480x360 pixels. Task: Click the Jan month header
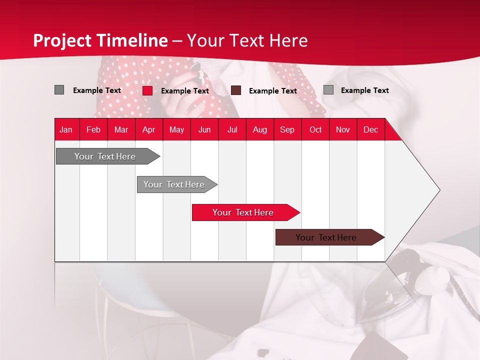[x=66, y=129]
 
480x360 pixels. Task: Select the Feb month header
[x=93, y=129]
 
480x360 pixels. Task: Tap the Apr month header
[x=148, y=129]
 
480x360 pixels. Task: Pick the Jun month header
[x=204, y=129]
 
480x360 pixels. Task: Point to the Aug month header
[x=259, y=129]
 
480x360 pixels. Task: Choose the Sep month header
[x=287, y=129]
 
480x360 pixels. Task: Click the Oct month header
[x=315, y=129]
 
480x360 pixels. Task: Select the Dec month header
[x=370, y=129]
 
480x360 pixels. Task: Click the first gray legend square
[x=59, y=90]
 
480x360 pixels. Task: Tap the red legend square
[x=147, y=90]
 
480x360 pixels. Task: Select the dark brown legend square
[x=236, y=90]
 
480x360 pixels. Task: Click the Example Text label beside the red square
[x=185, y=91]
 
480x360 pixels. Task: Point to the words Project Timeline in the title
[x=100, y=40]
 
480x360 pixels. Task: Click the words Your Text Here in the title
[x=247, y=40]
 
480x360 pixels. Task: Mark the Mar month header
[x=121, y=129]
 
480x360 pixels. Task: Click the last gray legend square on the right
[x=328, y=90]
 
